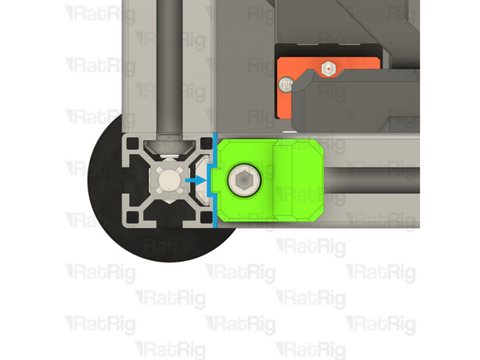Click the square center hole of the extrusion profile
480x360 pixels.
168,179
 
